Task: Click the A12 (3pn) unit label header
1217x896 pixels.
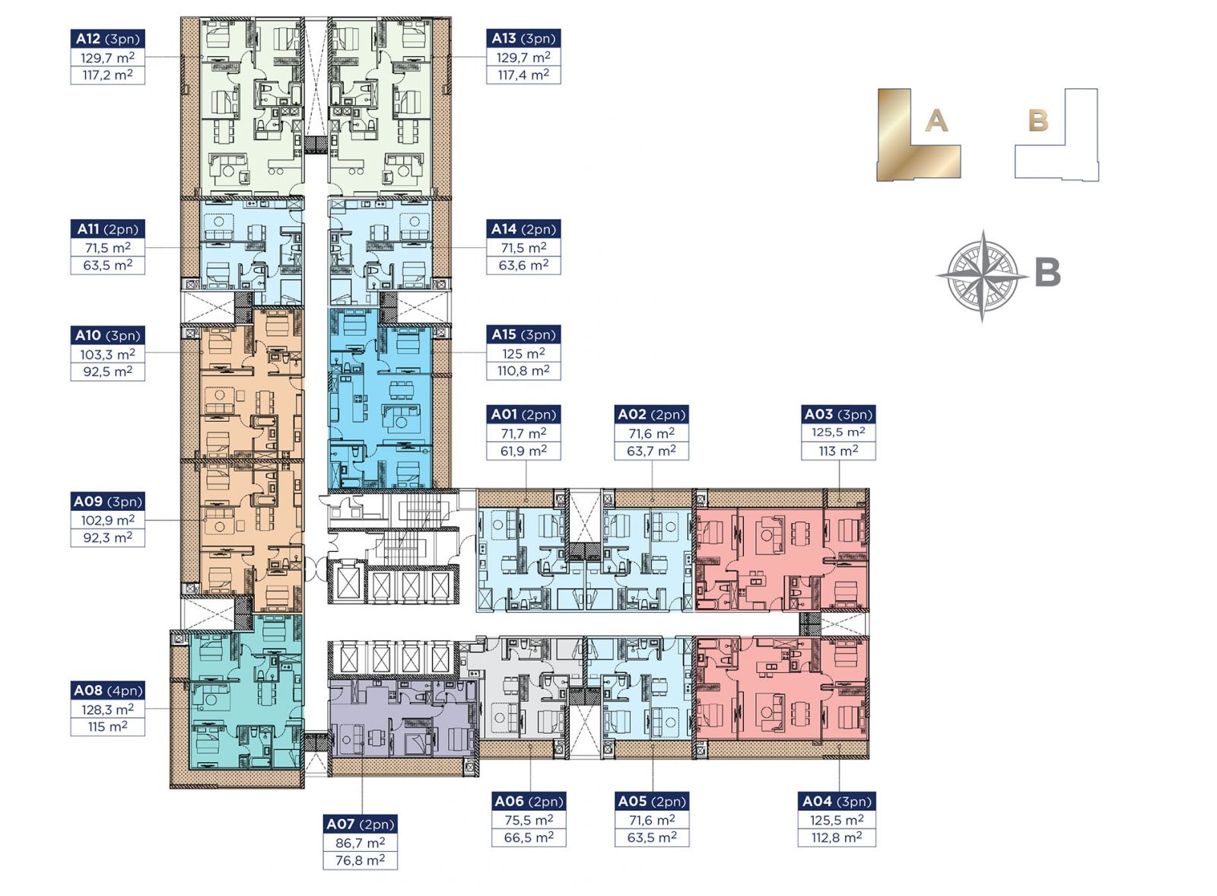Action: (107, 39)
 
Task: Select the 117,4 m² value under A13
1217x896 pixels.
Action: (523, 75)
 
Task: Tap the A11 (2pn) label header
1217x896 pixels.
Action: (107, 229)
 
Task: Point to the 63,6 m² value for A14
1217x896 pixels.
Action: (523, 265)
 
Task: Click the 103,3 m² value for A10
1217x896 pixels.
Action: (107, 355)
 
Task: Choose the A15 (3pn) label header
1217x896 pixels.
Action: (523, 334)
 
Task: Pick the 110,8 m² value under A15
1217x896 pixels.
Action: (523, 371)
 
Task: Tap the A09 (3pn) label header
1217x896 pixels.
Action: (107, 501)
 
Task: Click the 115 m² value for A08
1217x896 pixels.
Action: (107, 726)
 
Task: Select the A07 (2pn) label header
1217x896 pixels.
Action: (361, 824)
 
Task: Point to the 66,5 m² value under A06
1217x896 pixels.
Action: (529, 838)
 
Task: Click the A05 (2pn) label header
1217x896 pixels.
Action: (652, 802)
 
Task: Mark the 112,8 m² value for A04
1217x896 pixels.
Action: (837, 838)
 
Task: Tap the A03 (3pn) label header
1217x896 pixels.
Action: (838, 414)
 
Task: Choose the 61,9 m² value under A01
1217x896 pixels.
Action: (523, 451)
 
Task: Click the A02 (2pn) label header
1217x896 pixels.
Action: (652, 414)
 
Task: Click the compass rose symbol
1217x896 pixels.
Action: (982, 275)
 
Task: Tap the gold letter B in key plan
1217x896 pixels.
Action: (1038, 121)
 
